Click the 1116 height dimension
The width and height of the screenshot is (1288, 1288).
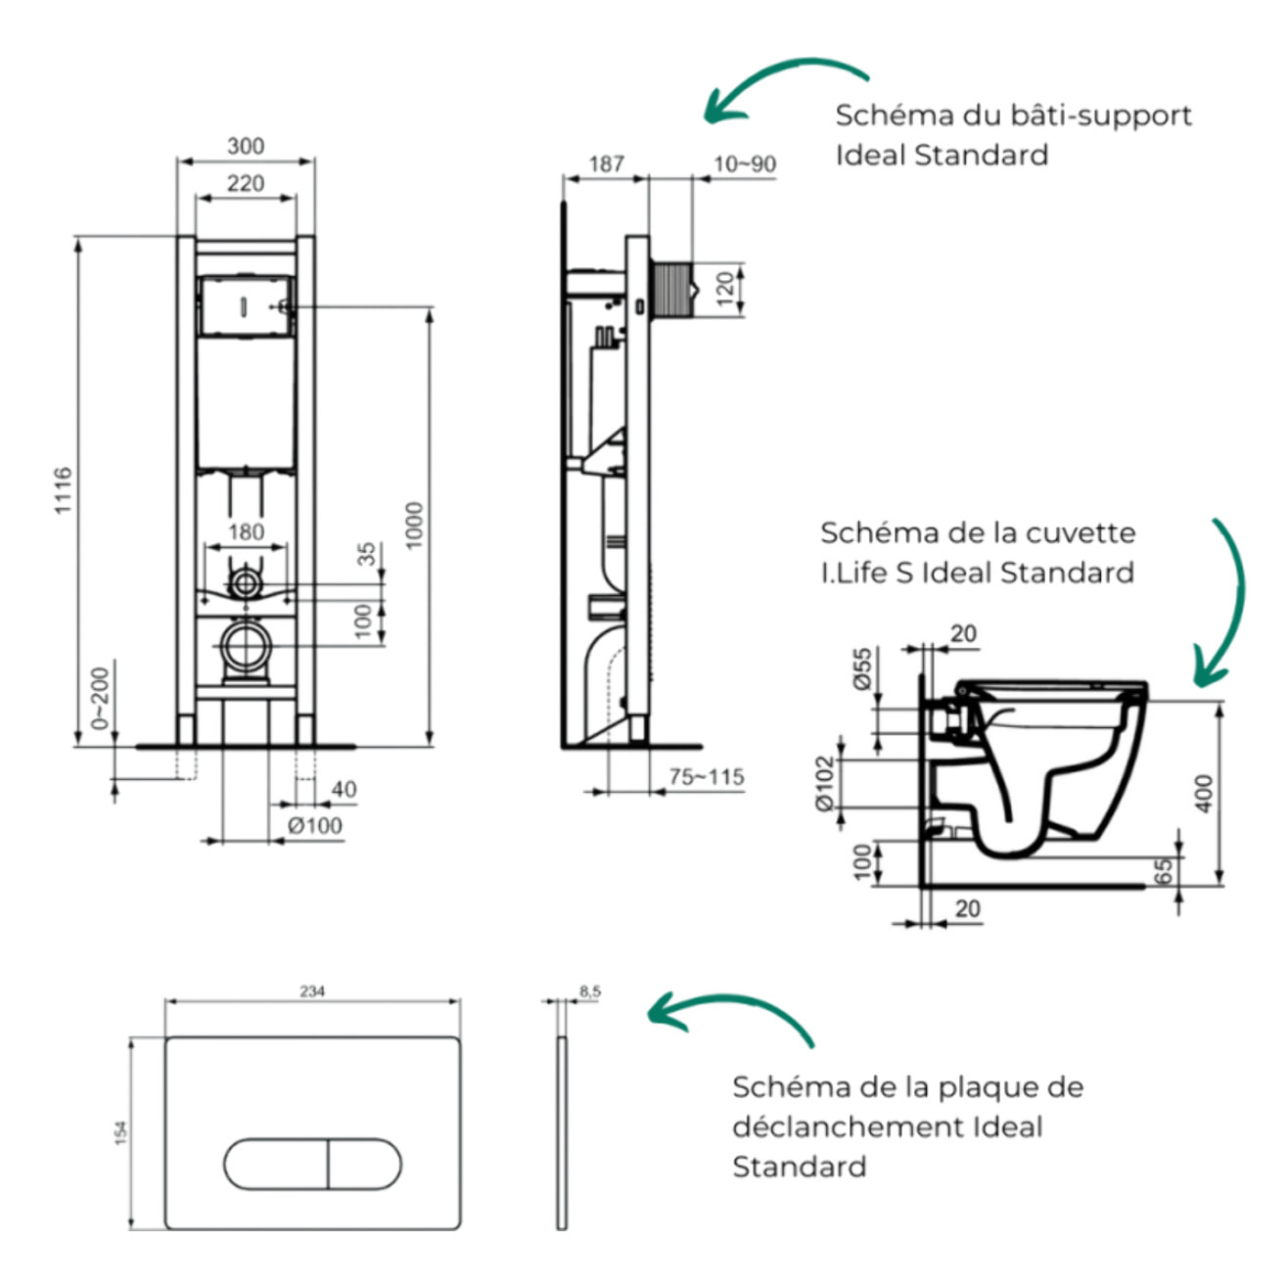pos(63,490)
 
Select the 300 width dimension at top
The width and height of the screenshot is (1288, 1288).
pos(246,146)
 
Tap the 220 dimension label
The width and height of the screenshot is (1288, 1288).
pos(246,183)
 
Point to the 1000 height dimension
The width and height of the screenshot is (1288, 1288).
pos(414,526)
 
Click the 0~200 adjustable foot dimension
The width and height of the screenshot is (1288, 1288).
pos(101,699)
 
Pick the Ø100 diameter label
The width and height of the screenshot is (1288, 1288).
pos(315,826)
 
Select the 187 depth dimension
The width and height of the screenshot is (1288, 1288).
pos(606,163)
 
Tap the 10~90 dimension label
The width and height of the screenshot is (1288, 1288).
pos(744,163)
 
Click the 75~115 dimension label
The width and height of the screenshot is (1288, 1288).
pos(706,777)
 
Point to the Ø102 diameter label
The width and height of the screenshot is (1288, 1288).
pos(826,782)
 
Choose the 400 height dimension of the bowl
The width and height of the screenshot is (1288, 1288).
pos(1205,793)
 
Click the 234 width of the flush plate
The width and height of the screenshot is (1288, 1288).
pos(312,991)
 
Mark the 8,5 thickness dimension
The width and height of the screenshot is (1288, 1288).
pos(590,991)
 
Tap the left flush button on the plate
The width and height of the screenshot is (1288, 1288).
pos(276,1164)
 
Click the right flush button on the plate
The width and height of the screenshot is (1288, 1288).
pos(363,1164)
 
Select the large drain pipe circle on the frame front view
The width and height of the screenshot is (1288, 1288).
pos(245,647)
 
